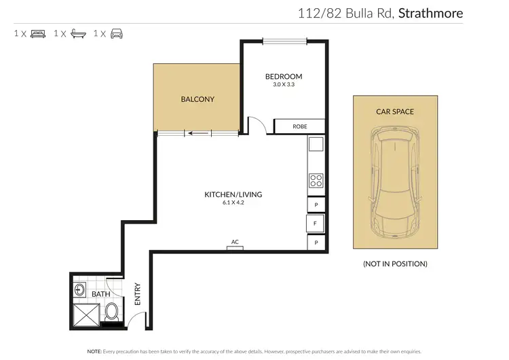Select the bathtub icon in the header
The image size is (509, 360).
tap(75, 33)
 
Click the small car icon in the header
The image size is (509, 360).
tap(115, 33)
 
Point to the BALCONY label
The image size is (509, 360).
tap(197, 99)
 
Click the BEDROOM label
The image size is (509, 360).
tap(283, 77)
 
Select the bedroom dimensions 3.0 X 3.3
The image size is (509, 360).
tap(283, 85)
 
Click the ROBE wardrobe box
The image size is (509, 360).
tap(299, 126)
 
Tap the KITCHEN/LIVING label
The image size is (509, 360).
tap(233, 194)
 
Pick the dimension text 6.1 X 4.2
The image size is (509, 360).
tap(233, 202)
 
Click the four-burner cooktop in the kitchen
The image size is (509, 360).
tap(316, 180)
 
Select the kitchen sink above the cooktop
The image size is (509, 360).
tap(316, 145)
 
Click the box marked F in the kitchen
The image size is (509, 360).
tap(316, 223)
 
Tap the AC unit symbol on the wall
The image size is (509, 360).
tap(235, 247)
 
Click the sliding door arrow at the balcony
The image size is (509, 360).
tap(197, 133)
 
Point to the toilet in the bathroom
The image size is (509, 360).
tap(111, 312)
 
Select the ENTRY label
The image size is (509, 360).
tap(137, 293)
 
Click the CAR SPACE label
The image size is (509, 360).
tap(395, 111)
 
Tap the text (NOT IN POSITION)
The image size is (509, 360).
tap(395, 264)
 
